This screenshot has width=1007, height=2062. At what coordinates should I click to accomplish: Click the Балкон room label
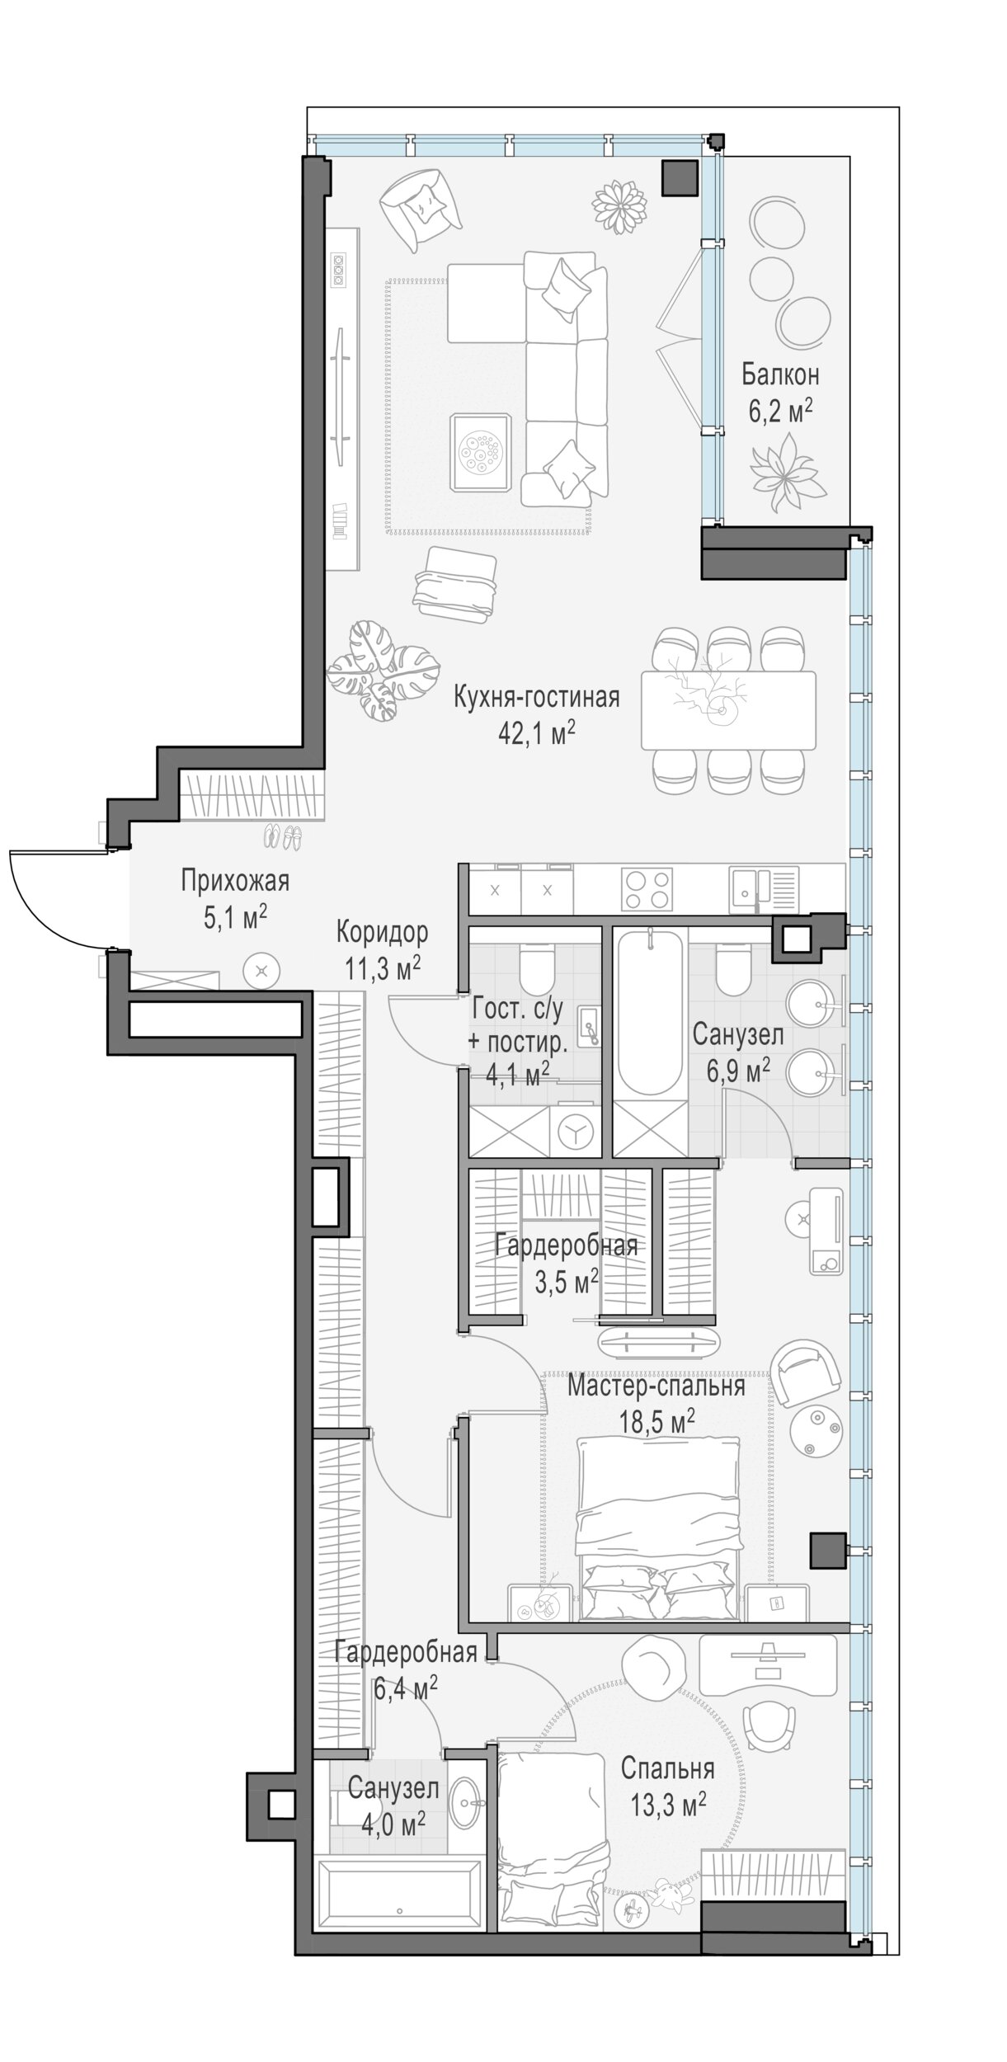(x=779, y=375)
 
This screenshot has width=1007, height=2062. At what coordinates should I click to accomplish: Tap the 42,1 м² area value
(x=536, y=733)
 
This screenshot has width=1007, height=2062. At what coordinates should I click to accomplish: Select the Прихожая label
(x=236, y=882)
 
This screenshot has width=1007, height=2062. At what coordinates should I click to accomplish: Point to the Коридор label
(x=382, y=933)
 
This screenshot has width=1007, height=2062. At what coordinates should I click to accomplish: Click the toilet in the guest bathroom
(x=540, y=966)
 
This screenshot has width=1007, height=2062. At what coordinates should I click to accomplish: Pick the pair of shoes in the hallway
(x=283, y=838)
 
